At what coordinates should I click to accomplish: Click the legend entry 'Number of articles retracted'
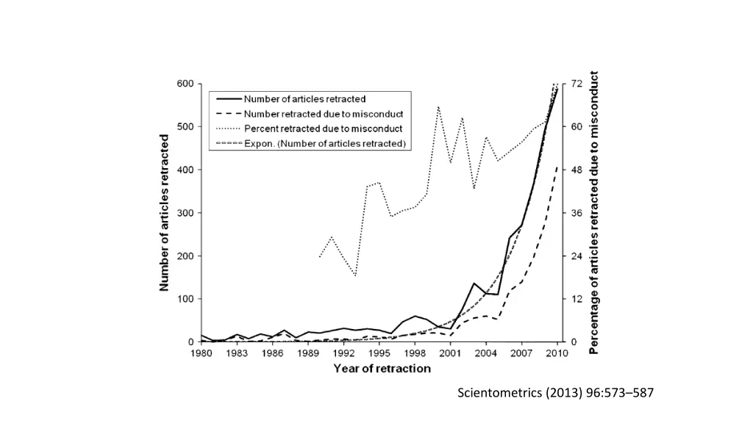click(x=304, y=98)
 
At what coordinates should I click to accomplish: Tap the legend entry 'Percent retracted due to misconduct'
click(x=323, y=129)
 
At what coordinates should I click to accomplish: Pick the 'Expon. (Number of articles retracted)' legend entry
click(x=325, y=143)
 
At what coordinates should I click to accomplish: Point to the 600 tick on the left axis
click(x=185, y=84)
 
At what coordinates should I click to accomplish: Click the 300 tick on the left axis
click(x=185, y=213)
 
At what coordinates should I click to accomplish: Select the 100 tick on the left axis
click(x=185, y=299)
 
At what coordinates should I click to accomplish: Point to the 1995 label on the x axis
click(x=379, y=354)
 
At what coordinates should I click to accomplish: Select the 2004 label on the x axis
click(x=486, y=354)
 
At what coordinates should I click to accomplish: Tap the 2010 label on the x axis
click(x=557, y=354)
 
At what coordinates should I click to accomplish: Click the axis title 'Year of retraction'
click(x=382, y=369)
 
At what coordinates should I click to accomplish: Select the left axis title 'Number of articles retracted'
click(x=165, y=213)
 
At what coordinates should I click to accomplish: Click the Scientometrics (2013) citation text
click(x=555, y=393)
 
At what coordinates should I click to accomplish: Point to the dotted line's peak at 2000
click(x=438, y=106)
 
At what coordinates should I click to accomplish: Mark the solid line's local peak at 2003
click(x=474, y=283)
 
